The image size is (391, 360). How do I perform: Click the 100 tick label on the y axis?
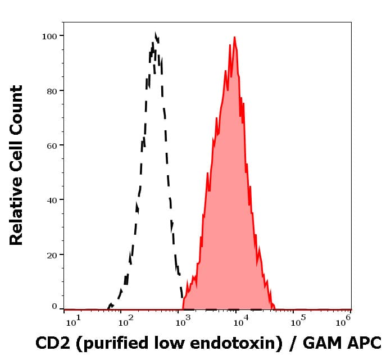[50, 36]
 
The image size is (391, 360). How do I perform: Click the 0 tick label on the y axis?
[54, 307]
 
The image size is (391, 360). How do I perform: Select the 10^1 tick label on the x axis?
[74, 321]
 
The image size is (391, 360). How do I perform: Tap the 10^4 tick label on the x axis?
[240, 321]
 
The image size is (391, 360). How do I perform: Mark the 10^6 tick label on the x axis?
[343, 321]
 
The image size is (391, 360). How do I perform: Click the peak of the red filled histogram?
[234, 38]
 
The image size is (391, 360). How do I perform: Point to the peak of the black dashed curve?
[155, 35]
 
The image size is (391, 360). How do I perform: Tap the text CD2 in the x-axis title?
[51, 343]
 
